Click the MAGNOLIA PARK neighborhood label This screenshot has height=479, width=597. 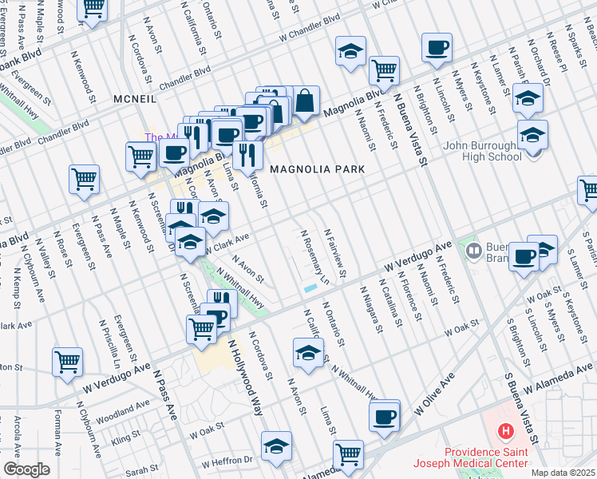[317, 169]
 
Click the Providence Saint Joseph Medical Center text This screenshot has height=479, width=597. [469, 457]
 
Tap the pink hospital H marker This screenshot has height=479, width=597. [505, 433]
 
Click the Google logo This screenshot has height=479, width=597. [26, 469]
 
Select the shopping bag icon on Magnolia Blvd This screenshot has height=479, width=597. [305, 101]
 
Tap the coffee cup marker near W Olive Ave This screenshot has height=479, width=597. [385, 416]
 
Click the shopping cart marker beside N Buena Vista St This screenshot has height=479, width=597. [385, 70]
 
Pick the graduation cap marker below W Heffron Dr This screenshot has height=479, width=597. [276, 446]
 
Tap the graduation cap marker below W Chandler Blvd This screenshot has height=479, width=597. [350, 52]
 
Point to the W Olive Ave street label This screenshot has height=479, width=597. [434, 392]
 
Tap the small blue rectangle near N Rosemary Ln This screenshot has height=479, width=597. [310, 288]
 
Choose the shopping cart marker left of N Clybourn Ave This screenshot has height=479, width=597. [67, 361]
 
